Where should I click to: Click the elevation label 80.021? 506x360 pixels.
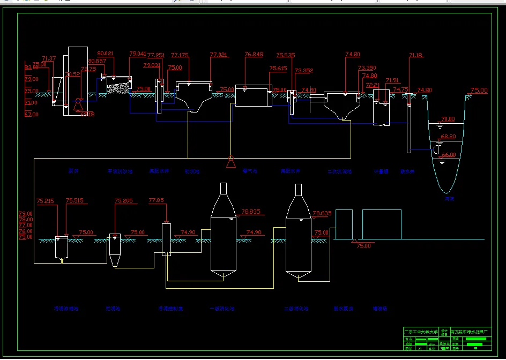coord(106,54)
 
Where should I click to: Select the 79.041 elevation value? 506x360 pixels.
coord(138,54)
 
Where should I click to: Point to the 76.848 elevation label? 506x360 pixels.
coord(254,54)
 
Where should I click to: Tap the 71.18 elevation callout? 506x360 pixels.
coord(416,55)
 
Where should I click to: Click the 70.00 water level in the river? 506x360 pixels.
coord(448,119)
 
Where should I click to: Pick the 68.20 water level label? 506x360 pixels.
coord(448,137)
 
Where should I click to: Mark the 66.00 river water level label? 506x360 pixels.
coord(448,155)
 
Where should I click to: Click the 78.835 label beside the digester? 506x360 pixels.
coord(250,212)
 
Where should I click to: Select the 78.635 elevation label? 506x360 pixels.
coord(322,213)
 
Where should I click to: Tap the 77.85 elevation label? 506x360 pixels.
coord(156,200)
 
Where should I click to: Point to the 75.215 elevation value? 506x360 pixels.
coord(45,201)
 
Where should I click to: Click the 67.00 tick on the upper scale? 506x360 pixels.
coord(31,114)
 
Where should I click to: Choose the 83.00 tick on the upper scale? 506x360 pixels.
coord(31,67)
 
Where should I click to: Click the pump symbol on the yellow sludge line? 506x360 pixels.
coord(230,161)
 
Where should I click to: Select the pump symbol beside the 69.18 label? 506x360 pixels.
coord(78,103)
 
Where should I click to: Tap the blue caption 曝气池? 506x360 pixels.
coord(250,171)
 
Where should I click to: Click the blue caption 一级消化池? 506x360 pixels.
coord(221,309)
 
